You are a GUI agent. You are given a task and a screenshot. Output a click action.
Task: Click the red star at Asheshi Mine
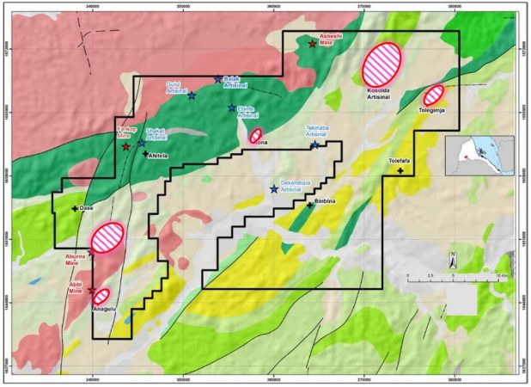[x=312, y=43]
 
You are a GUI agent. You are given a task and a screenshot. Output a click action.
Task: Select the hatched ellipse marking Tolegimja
[x=434, y=95]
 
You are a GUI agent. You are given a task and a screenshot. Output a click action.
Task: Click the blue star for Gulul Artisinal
[x=192, y=95]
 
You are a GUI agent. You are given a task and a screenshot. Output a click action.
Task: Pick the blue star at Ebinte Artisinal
[x=232, y=107]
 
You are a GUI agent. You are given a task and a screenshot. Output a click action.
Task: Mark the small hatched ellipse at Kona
[x=256, y=135]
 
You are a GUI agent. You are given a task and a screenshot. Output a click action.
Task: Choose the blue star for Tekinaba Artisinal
[x=314, y=145]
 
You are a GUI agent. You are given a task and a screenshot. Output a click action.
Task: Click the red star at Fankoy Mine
[x=126, y=147]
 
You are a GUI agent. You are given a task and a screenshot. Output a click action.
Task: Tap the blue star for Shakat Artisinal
[x=141, y=144]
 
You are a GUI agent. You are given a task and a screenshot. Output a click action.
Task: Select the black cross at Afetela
[x=145, y=153]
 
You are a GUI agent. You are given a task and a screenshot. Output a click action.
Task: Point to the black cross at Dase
[x=75, y=209]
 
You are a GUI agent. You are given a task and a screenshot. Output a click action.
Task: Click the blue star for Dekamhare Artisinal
[x=274, y=189]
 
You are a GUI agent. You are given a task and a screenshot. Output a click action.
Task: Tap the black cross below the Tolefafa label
[x=400, y=171]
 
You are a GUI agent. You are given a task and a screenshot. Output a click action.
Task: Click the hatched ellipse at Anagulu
[x=101, y=297]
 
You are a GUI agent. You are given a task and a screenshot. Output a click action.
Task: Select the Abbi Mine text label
[x=78, y=285]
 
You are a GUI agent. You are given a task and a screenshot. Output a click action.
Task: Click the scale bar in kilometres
[x=452, y=279]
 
